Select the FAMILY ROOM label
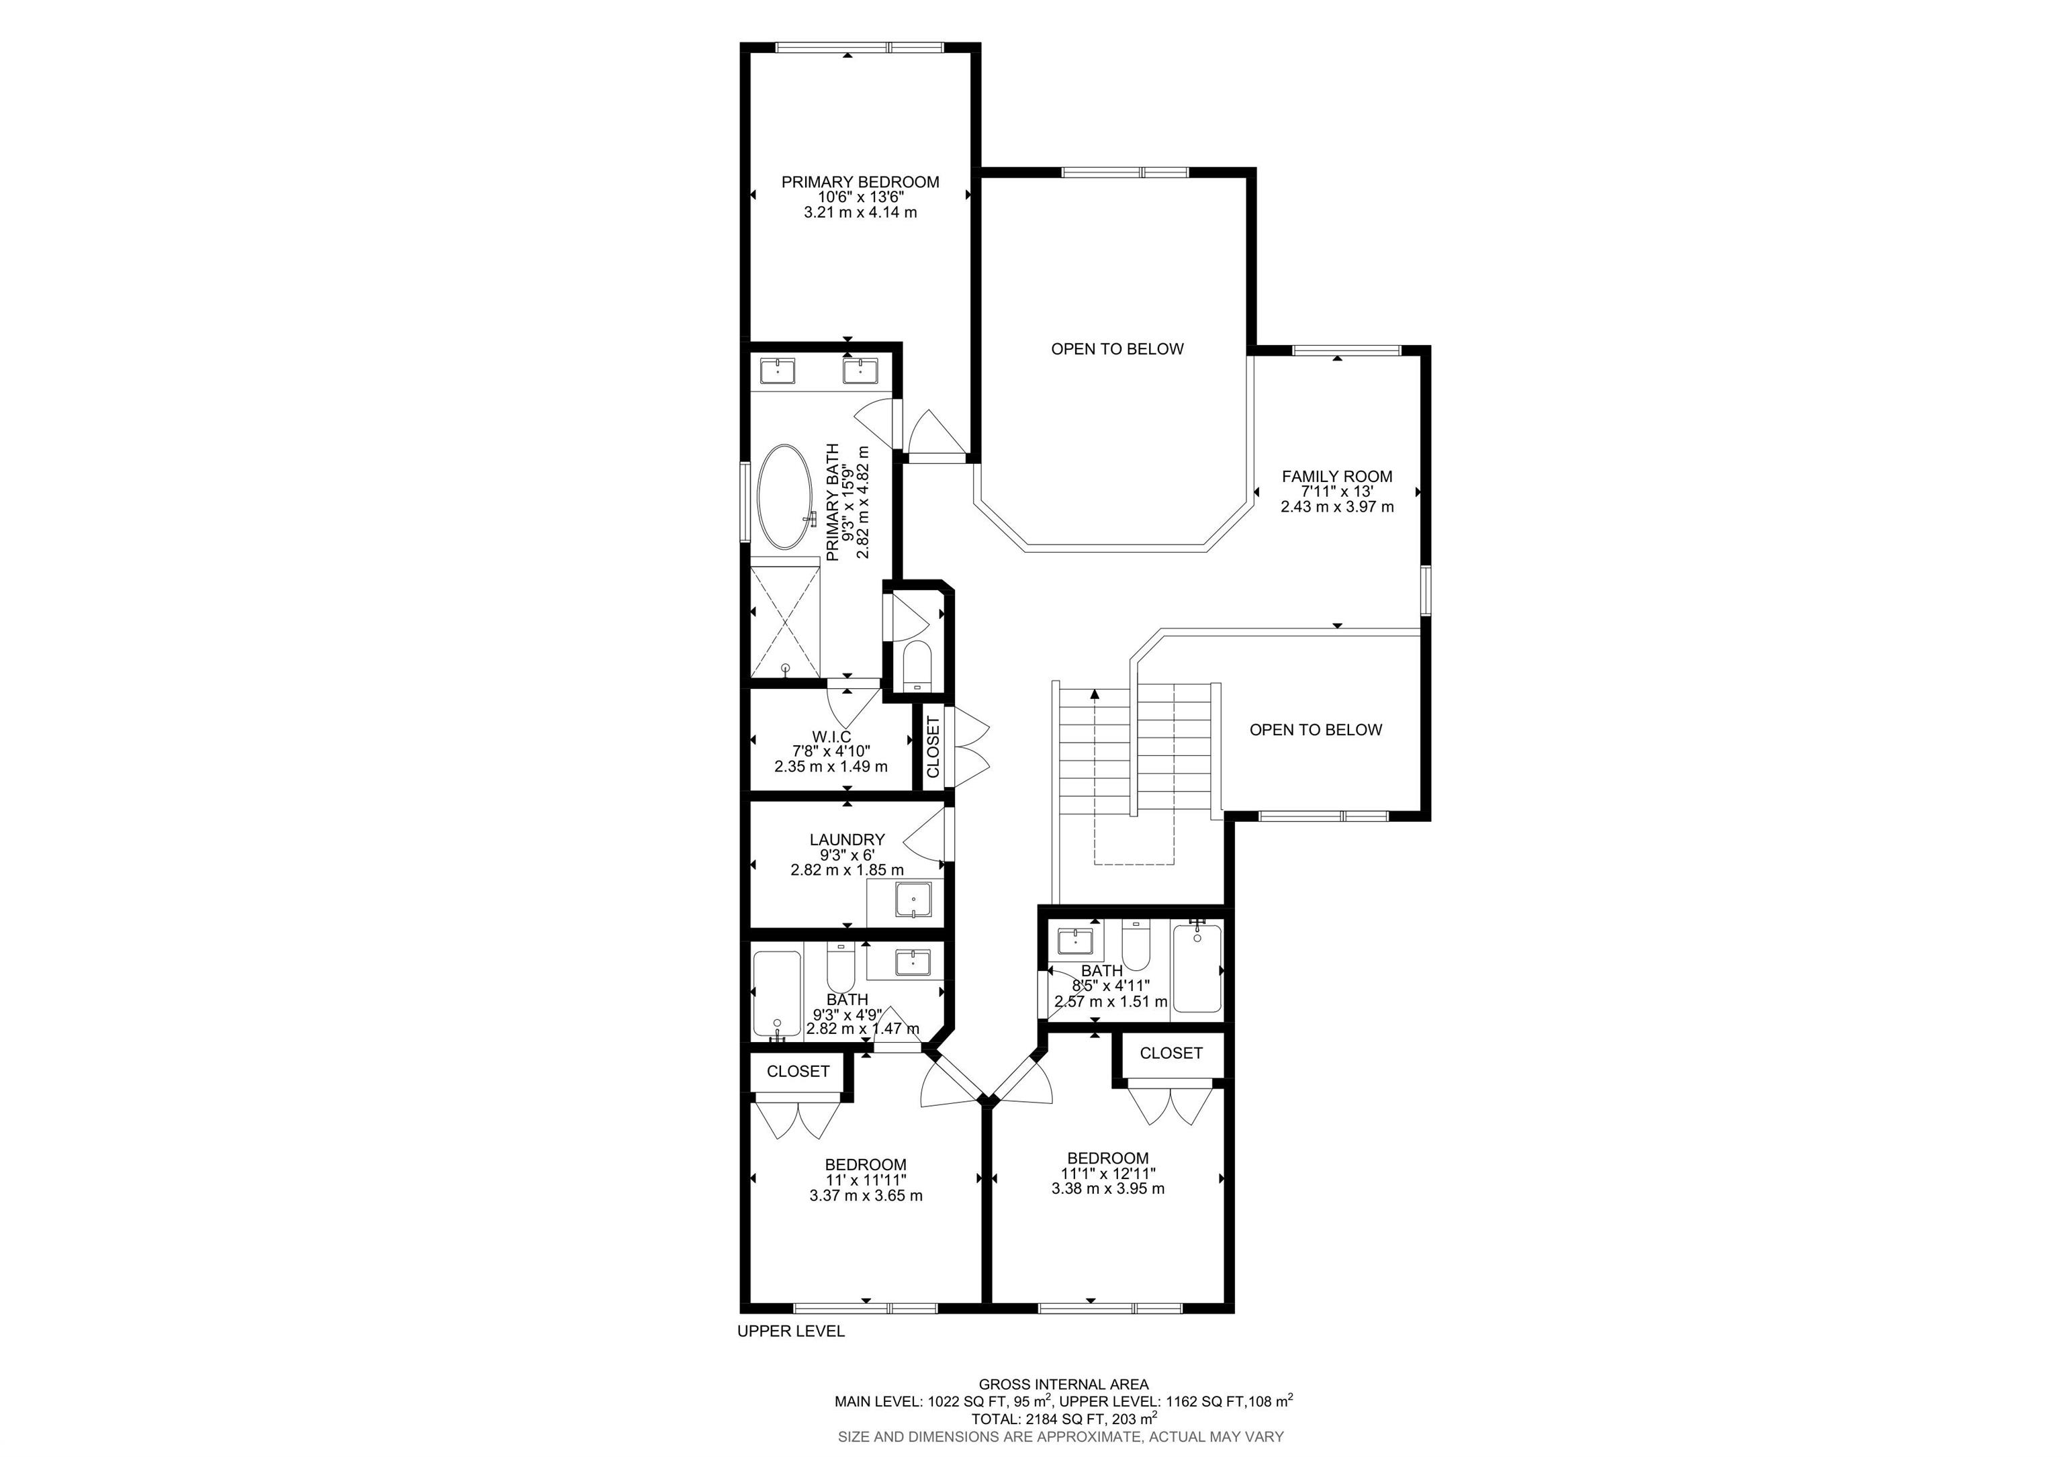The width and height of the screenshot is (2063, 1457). tap(1336, 477)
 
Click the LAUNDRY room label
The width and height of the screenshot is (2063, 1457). tap(846, 840)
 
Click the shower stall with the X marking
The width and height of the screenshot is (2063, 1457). tap(785, 617)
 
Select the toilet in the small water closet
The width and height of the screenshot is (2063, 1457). tap(917, 664)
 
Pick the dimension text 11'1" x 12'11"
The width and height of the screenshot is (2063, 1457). tap(1108, 1173)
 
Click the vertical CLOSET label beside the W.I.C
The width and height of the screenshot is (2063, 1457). tap(933, 747)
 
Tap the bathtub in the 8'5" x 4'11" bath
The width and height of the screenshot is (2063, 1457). tap(1197, 970)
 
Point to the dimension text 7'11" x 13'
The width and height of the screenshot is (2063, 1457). tap(1336, 492)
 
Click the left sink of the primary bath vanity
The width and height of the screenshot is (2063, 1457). tap(776, 369)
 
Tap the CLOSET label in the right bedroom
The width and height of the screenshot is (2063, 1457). tap(1170, 1053)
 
